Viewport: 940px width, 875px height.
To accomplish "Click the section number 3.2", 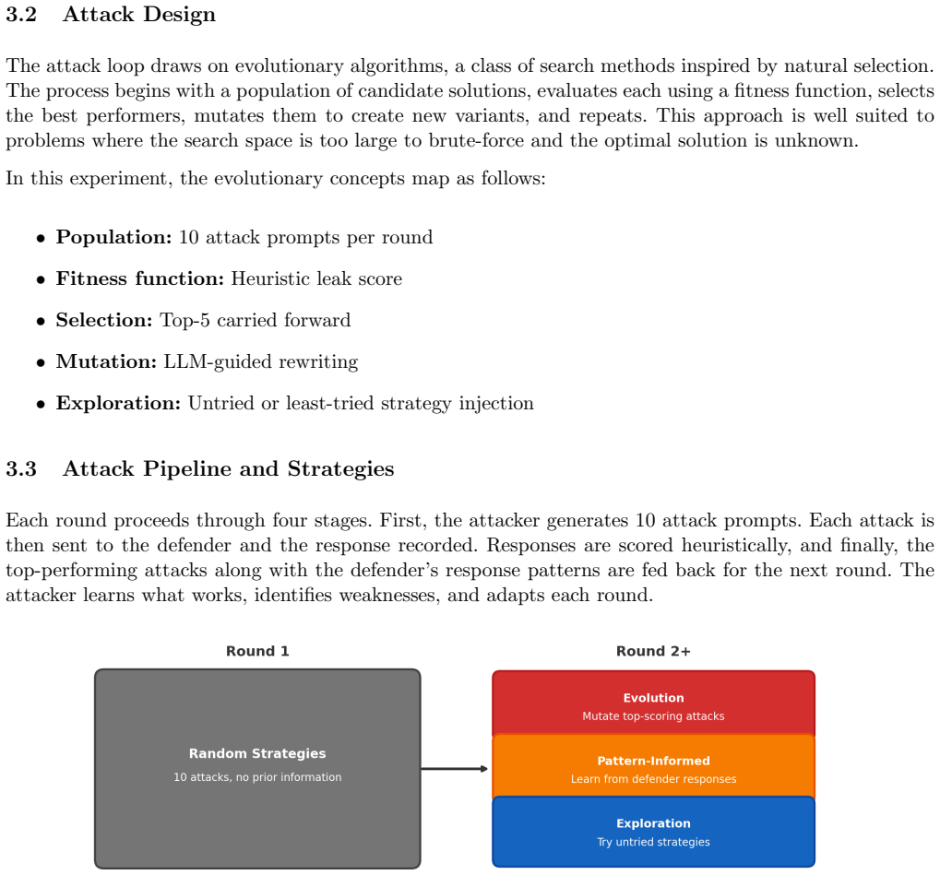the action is [x=21, y=15].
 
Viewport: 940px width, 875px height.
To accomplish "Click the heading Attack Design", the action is [x=139, y=15].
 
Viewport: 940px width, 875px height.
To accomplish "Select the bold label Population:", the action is [x=113, y=237].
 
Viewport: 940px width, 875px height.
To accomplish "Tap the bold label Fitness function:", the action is [x=139, y=278].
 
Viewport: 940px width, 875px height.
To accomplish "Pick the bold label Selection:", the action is [x=104, y=320].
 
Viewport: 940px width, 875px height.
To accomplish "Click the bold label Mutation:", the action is [x=106, y=361].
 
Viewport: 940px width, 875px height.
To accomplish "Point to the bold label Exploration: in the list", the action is [x=118, y=403].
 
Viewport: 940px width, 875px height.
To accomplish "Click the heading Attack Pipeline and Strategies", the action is [x=229, y=468].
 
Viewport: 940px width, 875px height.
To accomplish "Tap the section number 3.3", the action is [x=21, y=468].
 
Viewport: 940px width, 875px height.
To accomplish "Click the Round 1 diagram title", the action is [x=257, y=652].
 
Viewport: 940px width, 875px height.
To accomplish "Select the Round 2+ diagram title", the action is [x=653, y=652].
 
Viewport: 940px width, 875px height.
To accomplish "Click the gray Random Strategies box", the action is [x=257, y=769].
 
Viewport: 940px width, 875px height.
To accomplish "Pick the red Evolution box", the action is [x=653, y=704].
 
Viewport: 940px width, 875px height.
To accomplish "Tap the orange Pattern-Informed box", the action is [x=653, y=767].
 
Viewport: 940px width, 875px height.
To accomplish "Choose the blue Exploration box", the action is [x=653, y=832].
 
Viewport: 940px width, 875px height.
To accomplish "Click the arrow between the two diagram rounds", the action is [x=455, y=769].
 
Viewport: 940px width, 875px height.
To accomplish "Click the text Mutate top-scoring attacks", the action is [x=653, y=716].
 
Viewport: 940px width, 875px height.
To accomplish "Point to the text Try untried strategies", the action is [x=653, y=842].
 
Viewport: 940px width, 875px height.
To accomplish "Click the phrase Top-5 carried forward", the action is [x=256, y=320].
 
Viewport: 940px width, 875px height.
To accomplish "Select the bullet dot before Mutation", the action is [x=41, y=363].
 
